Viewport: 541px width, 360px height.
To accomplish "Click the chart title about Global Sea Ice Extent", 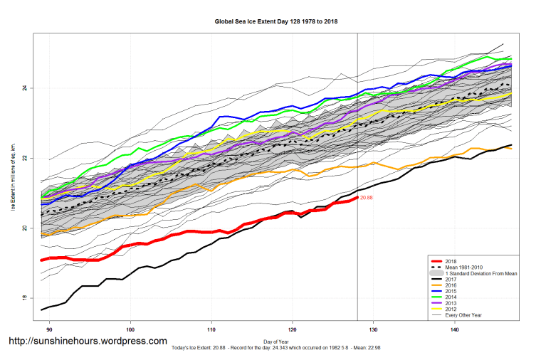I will (276, 21).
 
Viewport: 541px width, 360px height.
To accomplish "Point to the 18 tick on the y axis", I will (24, 298).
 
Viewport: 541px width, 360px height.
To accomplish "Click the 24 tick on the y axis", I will (24, 88).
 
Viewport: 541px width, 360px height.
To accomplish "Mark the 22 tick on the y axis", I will (24, 158).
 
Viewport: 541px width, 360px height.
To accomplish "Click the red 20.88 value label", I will (367, 198).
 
